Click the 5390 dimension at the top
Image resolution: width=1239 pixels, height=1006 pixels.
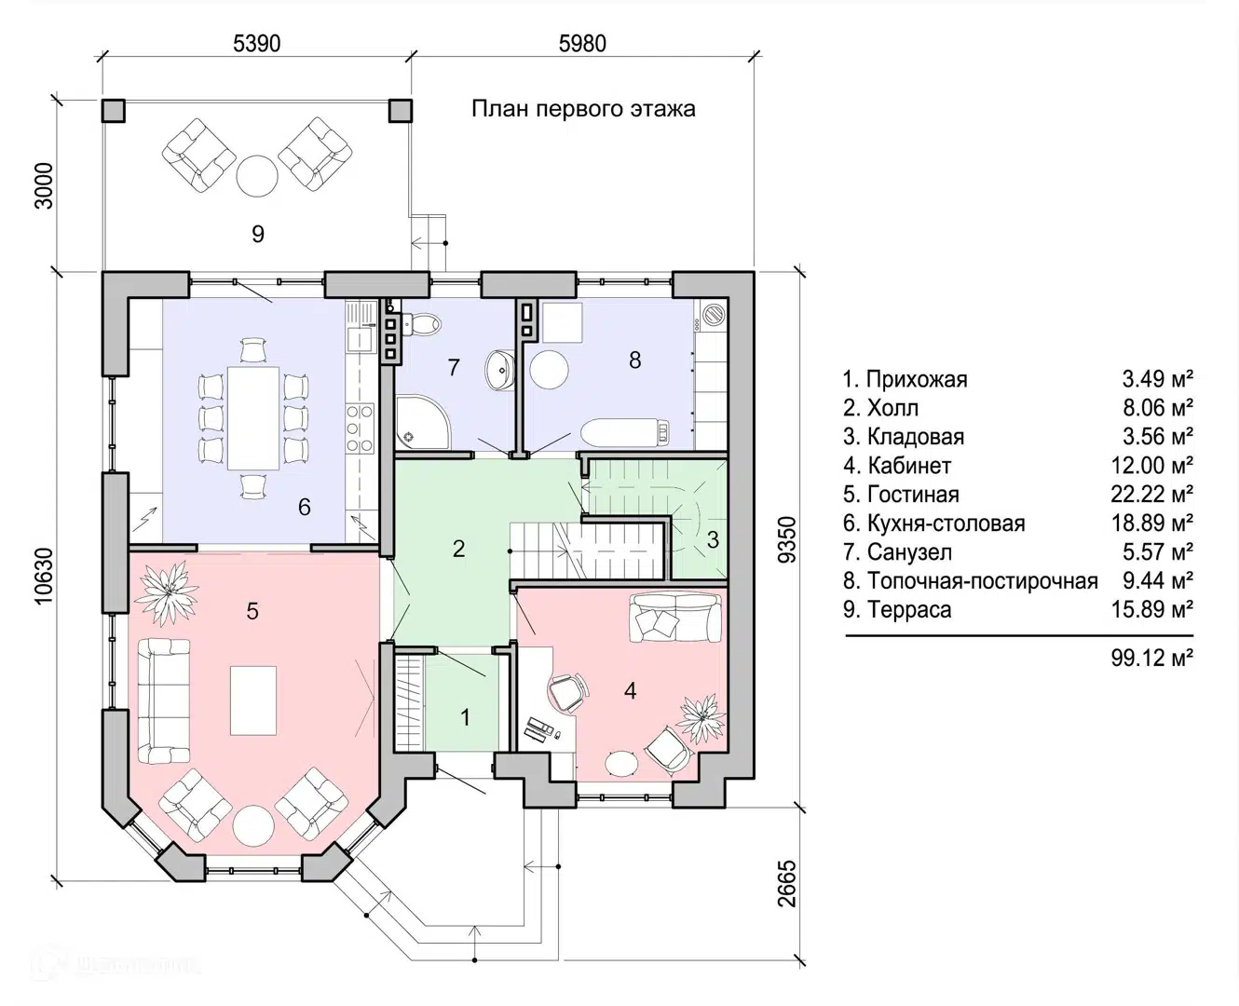256,44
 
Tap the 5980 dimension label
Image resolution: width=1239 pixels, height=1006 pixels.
582,44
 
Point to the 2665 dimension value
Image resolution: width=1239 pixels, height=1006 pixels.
786,884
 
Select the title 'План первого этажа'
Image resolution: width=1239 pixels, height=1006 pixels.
583,109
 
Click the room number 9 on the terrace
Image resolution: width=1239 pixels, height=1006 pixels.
258,234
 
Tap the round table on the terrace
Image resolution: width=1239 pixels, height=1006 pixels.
256,176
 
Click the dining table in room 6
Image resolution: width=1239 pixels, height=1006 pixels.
253,417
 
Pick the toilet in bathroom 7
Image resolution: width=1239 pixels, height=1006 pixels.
422,324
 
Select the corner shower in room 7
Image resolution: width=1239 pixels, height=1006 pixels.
423,423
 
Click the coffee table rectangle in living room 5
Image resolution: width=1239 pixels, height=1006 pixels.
253,700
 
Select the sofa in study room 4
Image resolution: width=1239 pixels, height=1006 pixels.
674,617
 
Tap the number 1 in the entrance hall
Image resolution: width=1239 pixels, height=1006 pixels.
465,717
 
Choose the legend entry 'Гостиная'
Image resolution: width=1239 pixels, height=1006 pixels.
901,495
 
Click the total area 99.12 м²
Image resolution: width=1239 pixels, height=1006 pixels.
1151,658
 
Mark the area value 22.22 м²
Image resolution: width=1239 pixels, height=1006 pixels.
1151,495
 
